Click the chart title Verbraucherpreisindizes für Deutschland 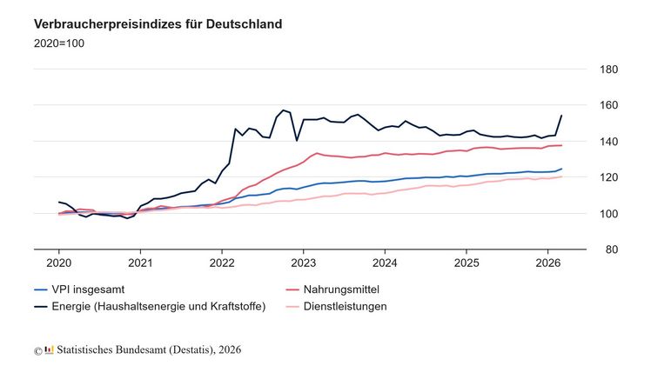coord(158,24)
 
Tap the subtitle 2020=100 coord(59,43)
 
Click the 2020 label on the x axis coord(58,262)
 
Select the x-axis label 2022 coord(222,262)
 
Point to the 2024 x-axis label coord(385,262)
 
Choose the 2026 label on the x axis coord(548,262)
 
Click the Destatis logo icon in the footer coord(50,349)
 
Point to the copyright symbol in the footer coord(38,350)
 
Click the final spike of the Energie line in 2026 coord(561,116)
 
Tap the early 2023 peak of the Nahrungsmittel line coord(319,153)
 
